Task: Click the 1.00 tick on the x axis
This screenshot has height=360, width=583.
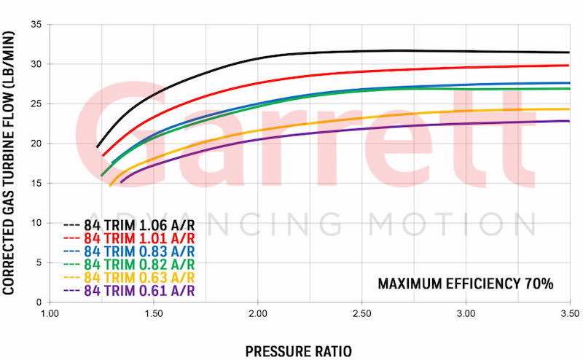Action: (50, 314)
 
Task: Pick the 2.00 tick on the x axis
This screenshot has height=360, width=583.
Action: (257, 314)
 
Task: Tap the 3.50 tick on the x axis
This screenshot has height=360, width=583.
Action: (569, 314)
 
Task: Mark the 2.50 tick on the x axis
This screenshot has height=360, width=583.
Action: (361, 314)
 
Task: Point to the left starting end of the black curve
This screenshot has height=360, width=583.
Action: (97, 147)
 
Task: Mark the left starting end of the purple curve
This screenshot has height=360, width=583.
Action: (121, 181)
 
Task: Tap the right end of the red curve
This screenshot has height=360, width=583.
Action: (569, 66)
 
